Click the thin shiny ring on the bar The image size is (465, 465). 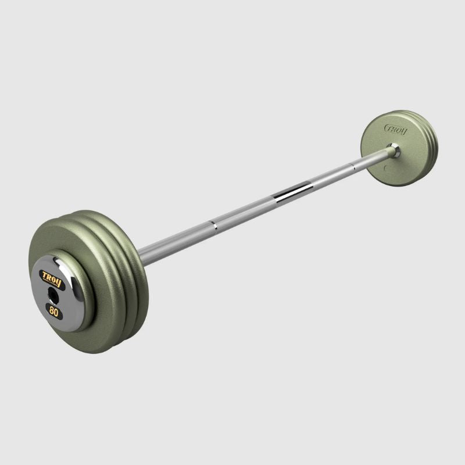coord(214,224)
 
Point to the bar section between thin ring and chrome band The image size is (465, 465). coord(250,209)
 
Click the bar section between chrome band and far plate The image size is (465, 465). coord(349,170)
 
